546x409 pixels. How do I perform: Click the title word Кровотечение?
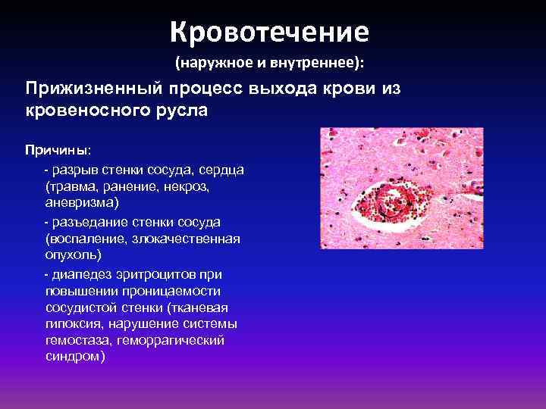(x=269, y=31)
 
